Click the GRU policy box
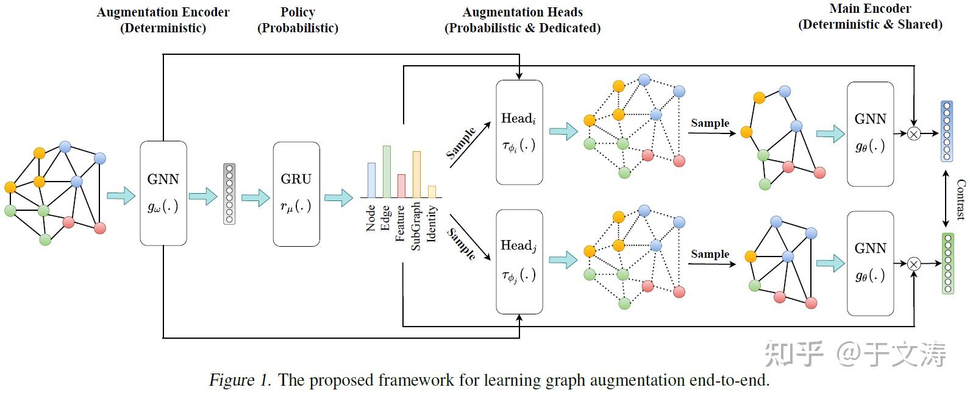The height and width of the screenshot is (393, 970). tap(296, 194)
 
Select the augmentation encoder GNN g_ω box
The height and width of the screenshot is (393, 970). tap(163, 193)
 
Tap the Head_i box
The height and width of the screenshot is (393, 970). tap(519, 132)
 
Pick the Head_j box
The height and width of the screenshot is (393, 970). tap(519, 261)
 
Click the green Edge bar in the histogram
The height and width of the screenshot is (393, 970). tap(386, 171)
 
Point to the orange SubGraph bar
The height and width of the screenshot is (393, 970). tap(416, 174)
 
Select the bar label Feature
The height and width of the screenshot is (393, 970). tap(401, 223)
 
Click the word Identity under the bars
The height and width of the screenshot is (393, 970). tap(432, 223)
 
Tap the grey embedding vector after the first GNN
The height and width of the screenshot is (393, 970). tap(229, 194)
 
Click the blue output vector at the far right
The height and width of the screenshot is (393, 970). tap(946, 132)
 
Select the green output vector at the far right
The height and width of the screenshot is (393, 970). tap(947, 263)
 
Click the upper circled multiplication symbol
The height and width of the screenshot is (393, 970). tap(913, 133)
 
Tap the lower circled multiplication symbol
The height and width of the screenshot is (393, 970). tap(913, 263)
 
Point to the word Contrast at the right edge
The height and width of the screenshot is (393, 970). tap(961, 199)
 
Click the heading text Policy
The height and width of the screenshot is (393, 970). tap(298, 12)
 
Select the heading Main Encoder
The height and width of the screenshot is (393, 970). tap(870, 9)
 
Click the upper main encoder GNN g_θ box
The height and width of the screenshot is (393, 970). tap(870, 133)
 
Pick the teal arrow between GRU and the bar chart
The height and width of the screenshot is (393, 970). tap(338, 197)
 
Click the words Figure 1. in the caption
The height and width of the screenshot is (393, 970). tap(240, 380)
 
